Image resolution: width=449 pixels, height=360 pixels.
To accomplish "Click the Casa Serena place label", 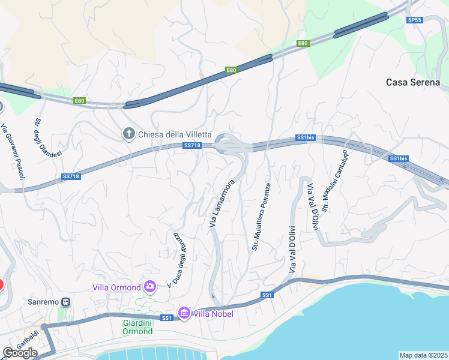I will click(412, 82).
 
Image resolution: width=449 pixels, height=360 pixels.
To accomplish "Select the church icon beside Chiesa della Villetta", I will click(128, 133).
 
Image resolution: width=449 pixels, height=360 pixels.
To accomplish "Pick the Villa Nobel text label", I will click(212, 313).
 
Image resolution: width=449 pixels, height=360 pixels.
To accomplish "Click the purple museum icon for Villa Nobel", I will click(184, 313).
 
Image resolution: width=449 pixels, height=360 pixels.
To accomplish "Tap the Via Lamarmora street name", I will click(221, 203).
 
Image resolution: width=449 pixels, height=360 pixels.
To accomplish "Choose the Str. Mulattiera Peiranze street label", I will click(261, 217).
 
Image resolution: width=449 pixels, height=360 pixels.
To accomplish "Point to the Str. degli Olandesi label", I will click(42, 133).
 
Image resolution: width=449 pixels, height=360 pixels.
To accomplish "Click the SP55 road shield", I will click(415, 20).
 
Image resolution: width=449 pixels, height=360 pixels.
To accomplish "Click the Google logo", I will click(20, 353).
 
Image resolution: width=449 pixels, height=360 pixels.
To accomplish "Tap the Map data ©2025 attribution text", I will click(423, 355).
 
